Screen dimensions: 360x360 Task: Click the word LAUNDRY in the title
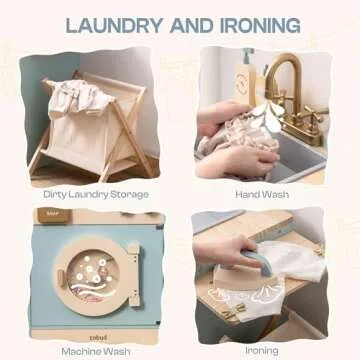[115, 25]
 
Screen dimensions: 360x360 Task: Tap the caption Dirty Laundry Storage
[96, 194]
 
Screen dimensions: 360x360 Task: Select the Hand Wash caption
[262, 194]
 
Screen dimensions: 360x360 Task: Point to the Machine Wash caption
[96, 351]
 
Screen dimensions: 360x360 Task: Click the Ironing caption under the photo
[262, 350]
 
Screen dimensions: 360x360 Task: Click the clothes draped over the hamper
[80, 97]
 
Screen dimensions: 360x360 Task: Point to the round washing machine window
[93, 274]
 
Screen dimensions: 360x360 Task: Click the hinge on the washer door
[134, 274]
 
